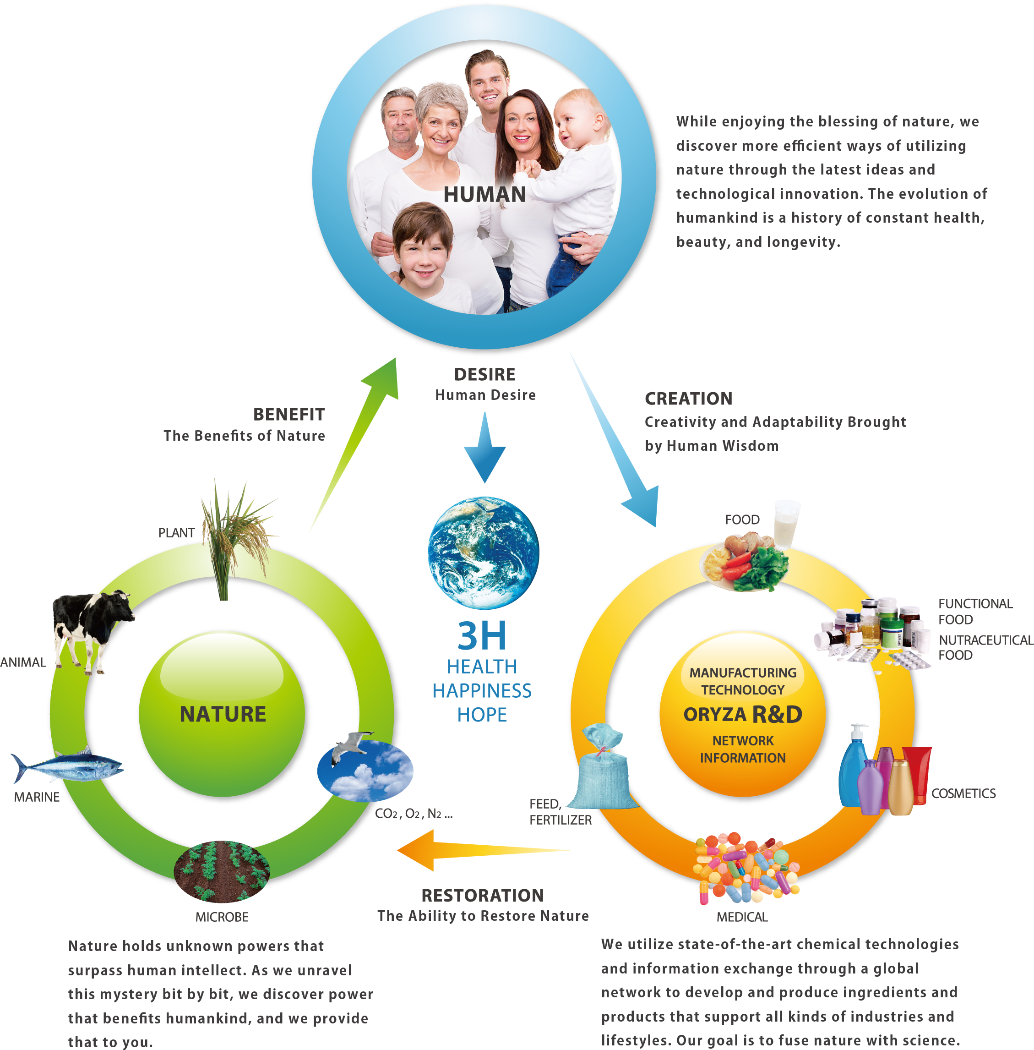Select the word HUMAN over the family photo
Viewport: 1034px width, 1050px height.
[x=484, y=194]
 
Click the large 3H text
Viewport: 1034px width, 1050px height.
[x=482, y=635]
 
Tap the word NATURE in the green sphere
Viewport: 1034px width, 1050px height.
[x=223, y=714]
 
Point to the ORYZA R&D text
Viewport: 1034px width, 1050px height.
[x=742, y=714]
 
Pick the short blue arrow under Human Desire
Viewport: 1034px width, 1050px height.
[x=484, y=451]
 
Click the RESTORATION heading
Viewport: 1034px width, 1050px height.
[x=482, y=895]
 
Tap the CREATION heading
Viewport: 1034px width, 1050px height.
[x=688, y=399]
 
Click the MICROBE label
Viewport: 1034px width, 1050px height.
[x=222, y=917]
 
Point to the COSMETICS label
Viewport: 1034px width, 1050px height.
[x=963, y=793]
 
